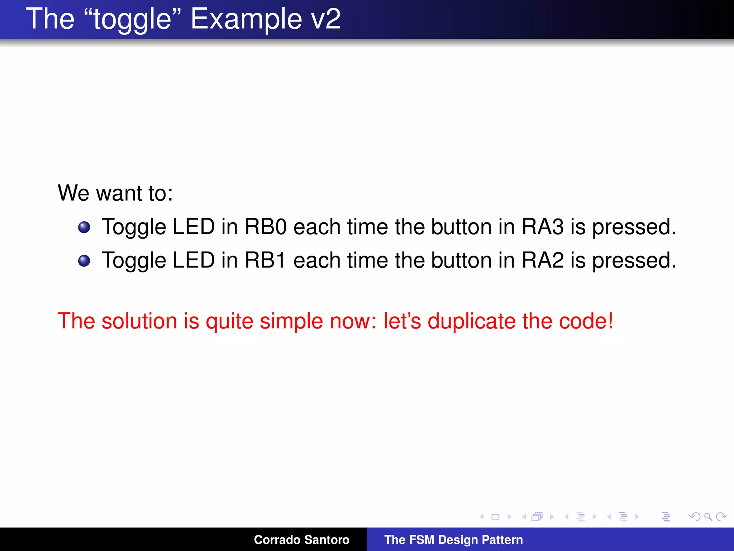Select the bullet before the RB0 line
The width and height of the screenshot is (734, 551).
(84, 227)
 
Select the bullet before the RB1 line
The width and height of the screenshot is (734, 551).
(84, 261)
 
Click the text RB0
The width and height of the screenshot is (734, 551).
(266, 227)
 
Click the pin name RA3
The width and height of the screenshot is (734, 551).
(543, 227)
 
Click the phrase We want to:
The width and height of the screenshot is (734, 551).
(115, 193)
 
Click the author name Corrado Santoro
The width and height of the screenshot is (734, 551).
(301, 540)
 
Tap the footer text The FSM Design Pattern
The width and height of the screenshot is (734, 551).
(453, 540)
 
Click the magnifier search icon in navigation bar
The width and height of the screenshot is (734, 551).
(708, 517)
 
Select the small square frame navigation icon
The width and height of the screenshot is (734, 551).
(496, 517)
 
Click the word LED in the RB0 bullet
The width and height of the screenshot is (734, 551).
(194, 227)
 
